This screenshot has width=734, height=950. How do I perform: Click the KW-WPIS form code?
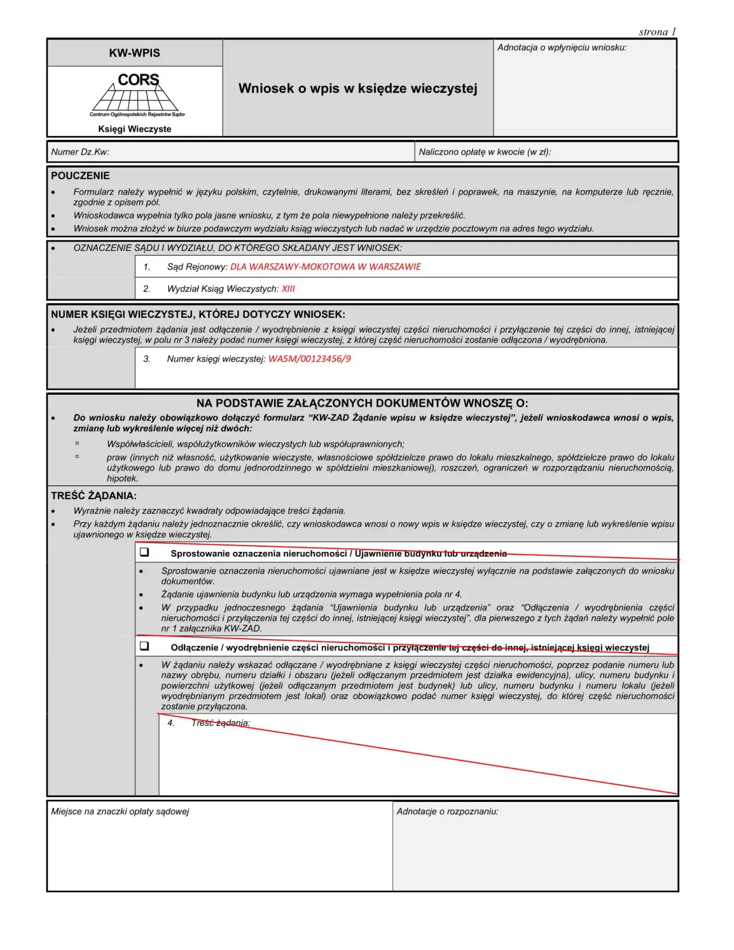click(135, 53)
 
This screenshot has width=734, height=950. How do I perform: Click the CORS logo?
click(137, 94)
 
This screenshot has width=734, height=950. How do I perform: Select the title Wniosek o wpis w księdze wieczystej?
click(358, 88)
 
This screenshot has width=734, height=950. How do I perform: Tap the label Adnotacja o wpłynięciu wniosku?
click(561, 48)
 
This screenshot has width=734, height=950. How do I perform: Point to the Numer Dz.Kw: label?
click(80, 152)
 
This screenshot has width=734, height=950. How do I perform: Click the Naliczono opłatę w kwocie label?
click(485, 152)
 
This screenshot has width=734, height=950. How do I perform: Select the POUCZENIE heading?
click(80, 176)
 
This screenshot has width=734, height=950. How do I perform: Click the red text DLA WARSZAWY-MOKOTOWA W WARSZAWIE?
click(325, 267)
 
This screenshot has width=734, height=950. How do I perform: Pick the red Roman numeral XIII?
click(288, 289)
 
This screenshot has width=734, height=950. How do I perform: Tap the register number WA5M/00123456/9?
click(310, 359)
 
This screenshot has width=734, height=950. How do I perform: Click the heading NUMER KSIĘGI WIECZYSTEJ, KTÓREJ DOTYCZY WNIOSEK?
click(198, 314)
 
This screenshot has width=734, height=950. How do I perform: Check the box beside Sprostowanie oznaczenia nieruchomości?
click(145, 552)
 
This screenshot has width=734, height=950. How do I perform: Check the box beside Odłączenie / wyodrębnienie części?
click(145, 646)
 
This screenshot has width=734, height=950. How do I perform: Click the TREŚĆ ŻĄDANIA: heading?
click(93, 496)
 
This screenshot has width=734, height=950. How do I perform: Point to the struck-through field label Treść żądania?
click(221, 723)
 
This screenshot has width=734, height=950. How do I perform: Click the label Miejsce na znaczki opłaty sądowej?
click(120, 811)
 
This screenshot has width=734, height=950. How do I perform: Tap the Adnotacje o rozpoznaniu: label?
click(447, 811)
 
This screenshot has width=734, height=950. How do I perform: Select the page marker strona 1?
click(657, 32)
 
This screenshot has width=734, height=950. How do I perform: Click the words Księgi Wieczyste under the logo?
click(135, 129)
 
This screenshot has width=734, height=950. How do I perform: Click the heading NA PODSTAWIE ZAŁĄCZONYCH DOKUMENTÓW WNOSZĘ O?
click(362, 403)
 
